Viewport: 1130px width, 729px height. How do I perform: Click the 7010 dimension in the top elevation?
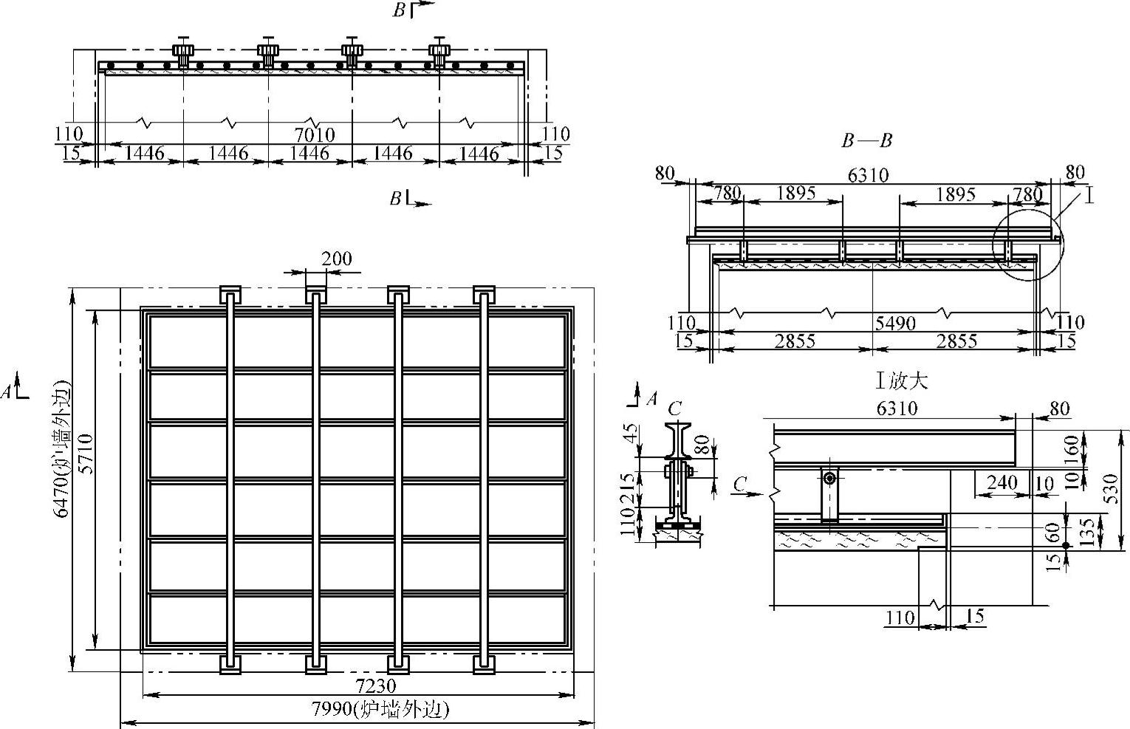point(315,134)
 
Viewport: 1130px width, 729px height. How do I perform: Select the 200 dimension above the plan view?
point(337,259)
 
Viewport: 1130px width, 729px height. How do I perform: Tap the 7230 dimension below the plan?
point(376,686)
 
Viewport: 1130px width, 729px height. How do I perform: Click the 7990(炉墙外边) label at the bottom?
point(380,709)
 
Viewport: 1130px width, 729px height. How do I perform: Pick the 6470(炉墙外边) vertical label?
point(62,448)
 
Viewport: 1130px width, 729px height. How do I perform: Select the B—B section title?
point(866,140)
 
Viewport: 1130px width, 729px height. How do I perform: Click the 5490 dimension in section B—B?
point(895,323)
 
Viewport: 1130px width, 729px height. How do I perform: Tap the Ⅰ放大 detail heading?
point(902,380)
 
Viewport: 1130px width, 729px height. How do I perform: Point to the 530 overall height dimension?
point(1111,488)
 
